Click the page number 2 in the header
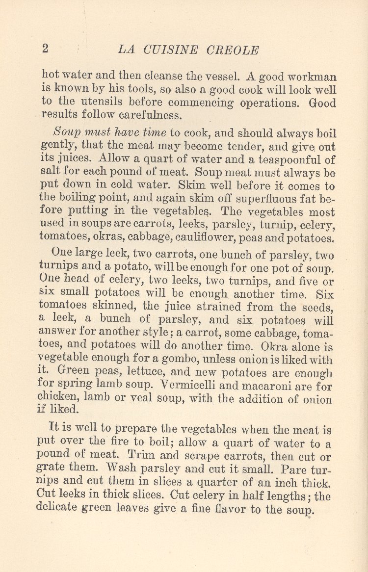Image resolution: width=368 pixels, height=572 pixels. coord(45,49)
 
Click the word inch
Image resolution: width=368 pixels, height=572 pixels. coord(278,483)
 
